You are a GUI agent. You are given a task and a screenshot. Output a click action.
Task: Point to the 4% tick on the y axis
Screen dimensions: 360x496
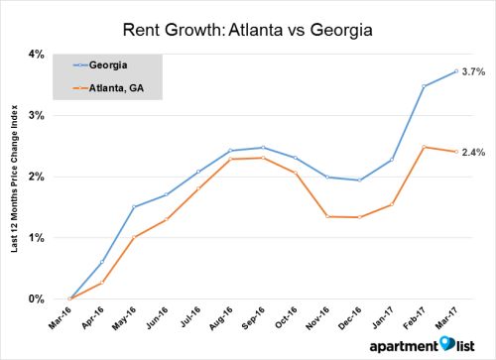[x=36, y=54]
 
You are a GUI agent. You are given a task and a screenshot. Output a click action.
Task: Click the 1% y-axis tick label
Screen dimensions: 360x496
[x=36, y=238]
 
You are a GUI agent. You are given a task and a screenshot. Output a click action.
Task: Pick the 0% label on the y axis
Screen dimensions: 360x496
[x=36, y=299]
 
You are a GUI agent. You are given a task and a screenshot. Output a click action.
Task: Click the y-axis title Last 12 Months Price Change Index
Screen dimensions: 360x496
[x=15, y=177]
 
